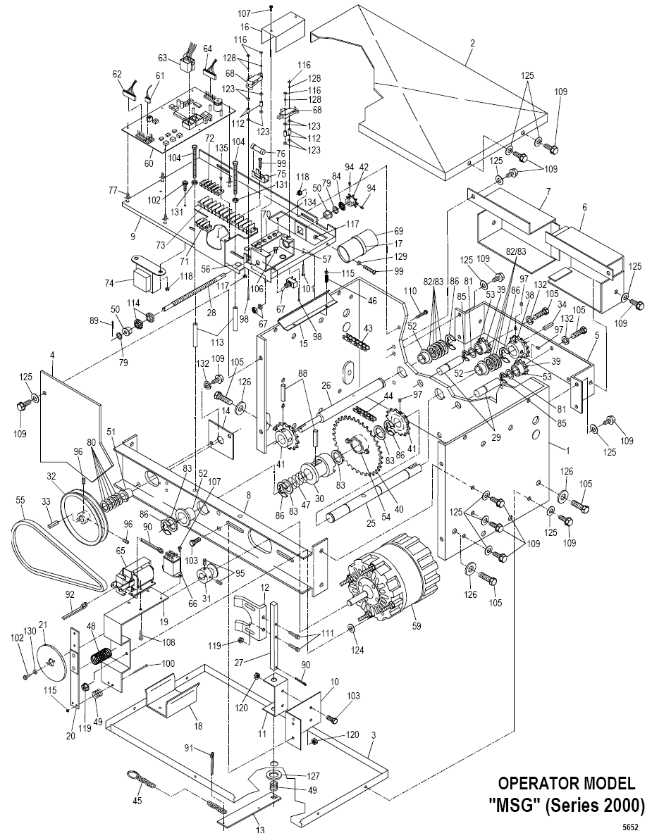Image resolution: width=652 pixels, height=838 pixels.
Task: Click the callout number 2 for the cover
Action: tap(472, 43)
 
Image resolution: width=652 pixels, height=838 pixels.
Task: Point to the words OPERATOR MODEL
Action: tap(567, 783)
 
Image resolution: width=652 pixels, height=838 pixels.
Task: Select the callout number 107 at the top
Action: tap(264, 13)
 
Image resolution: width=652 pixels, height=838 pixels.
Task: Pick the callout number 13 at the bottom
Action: tap(260, 830)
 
